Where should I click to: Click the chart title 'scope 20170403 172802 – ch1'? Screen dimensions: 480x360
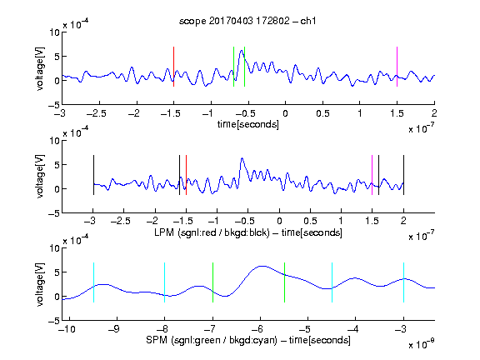click(x=247, y=21)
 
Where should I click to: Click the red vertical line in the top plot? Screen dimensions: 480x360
click(x=174, y=67)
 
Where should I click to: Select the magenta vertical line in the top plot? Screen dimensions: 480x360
click(x=397, y=67)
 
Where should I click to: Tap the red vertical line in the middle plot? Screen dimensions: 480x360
click(x=186, y=175)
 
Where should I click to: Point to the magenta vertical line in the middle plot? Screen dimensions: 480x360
click(x=372, y=175)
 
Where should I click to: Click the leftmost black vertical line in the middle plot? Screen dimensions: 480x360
click(x=93, y=175)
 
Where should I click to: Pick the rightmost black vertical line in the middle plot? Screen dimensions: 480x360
click(x=403, y=175)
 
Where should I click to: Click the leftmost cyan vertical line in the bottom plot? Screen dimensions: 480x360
click(x=93, y=282)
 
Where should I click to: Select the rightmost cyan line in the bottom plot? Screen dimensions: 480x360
click(x=403, y=282)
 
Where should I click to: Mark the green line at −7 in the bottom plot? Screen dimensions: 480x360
click(x=212, y=282)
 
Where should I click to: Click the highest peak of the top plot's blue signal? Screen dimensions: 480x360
click(x=242, y=50)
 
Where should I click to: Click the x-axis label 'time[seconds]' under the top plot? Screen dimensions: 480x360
click(x=248, y=124)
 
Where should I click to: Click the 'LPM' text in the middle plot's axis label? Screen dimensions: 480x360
click(x=164, y=232)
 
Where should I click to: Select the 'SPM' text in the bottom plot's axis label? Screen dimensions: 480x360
click(x=156, y=340)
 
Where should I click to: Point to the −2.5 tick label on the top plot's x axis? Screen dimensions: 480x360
click(x=97, y=113)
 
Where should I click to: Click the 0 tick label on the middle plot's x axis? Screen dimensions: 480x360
click(x=279, y=221)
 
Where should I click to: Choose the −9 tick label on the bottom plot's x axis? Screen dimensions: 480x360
click(x=114, y=329)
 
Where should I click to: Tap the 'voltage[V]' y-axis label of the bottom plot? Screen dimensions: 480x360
click(x=40, y=284)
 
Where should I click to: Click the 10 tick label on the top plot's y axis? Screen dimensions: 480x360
click(x=55, y=32)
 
